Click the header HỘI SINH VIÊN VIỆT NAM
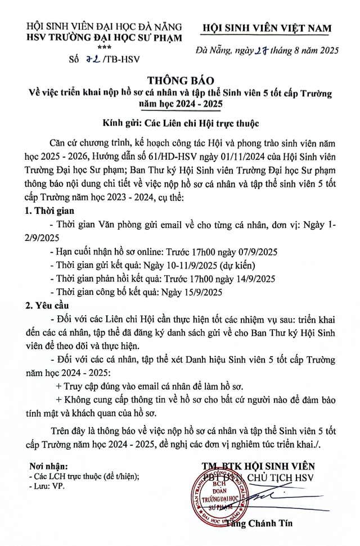(x=267, y=29)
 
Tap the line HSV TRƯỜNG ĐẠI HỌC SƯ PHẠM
(x=105, y=38)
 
